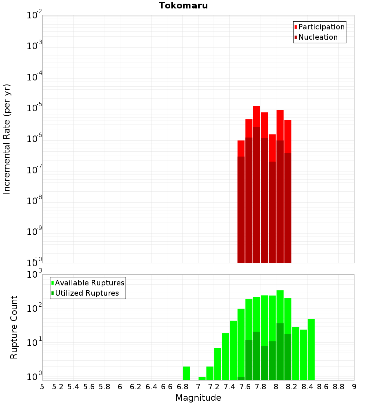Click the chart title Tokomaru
(183, 6)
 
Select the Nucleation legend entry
(317, 37)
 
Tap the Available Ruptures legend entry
(89, 283)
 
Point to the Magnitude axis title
(198, 398)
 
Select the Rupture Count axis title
(14, 327)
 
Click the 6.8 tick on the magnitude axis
(182, 387)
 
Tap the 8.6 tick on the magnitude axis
(323, 387)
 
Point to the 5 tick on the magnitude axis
(42, 387)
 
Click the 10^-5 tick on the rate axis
(34, 108)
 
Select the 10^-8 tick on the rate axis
(34, 201)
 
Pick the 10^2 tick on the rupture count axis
(34, 308)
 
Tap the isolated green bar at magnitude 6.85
(186, 373)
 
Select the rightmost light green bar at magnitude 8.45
(311, 349)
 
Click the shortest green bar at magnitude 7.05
(202, 378)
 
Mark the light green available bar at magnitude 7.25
(218, 364)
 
